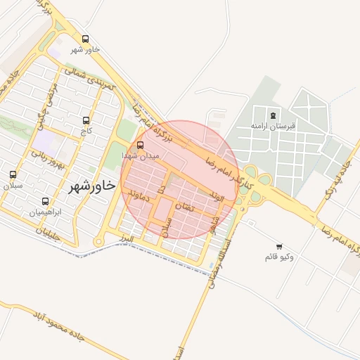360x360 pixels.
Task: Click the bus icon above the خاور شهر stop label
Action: [86, 39]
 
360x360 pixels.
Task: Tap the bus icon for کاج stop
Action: [86, 121]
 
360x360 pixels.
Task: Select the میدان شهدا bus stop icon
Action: [141, 146]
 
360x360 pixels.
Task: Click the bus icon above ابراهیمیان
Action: [46, 201]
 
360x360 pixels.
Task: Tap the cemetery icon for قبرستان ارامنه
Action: [273, 115]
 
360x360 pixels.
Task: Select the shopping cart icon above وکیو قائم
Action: [280, 246]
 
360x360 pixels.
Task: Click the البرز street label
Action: [127, 240]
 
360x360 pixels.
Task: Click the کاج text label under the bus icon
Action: [86, 131]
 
